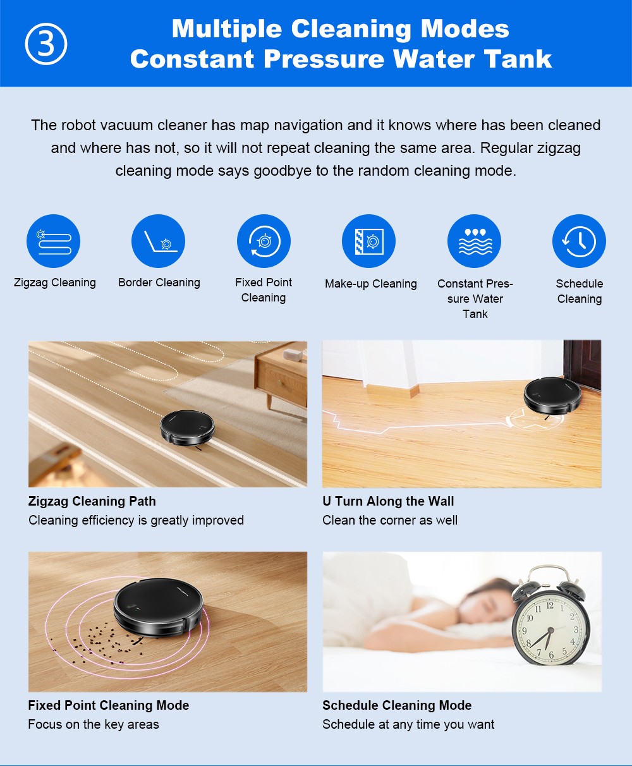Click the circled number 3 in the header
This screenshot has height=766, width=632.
click(46, 44)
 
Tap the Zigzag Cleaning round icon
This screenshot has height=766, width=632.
click(53, 241)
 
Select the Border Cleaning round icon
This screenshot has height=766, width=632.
click(158, 241)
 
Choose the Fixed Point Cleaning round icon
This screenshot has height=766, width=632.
click(264, 241)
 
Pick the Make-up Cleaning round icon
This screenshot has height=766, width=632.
click(368, 241)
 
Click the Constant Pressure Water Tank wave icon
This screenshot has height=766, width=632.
click(474, 241)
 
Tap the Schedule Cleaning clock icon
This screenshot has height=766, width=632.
click(579, 241)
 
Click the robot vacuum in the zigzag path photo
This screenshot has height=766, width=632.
click(187, 427)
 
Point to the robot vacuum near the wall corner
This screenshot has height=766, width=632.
click(552, 395)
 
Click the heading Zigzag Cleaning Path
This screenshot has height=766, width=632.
click(92, 501)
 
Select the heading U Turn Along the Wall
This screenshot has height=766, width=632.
click(388, 501)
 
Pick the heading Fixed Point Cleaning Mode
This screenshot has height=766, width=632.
click(109, 705)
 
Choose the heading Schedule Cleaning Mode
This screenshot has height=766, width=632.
click(397, 705)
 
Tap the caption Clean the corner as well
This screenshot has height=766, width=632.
click(390, 520)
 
